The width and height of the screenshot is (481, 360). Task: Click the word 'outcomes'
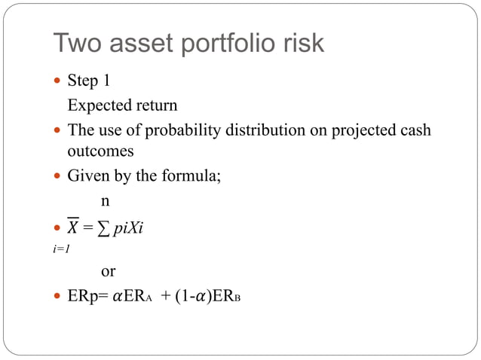pyautogui.click(x=100, y=151)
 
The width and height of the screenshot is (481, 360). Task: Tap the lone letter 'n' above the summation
pyautogui.click(x=106, y=201)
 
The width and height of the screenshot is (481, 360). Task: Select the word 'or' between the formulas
pyautogui.click(x=109, y=270)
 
